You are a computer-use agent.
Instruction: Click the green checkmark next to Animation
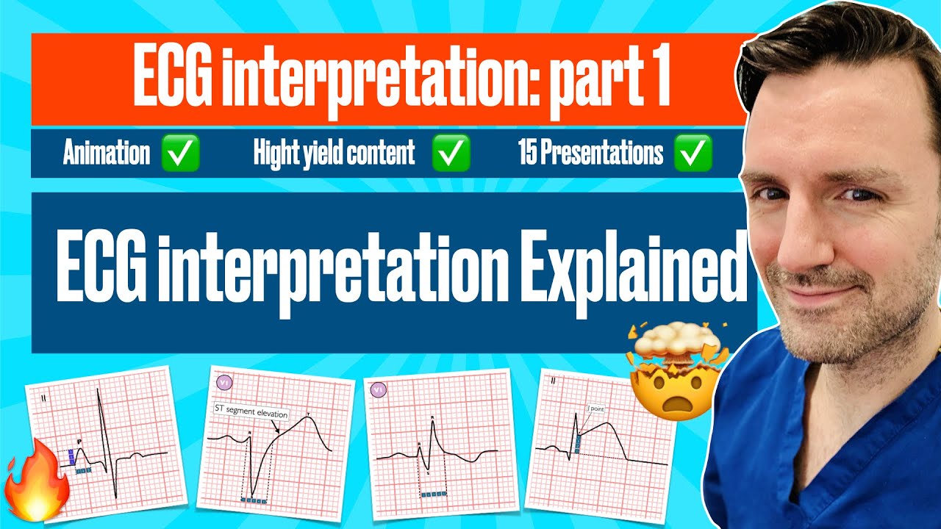click(179, 154)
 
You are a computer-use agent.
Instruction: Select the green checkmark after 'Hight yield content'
click(450, 154)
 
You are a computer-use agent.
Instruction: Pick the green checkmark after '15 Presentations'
click(692, 154)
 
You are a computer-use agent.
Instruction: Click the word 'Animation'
click(106, 154)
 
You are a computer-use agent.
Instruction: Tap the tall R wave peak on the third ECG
click(432, 421)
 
